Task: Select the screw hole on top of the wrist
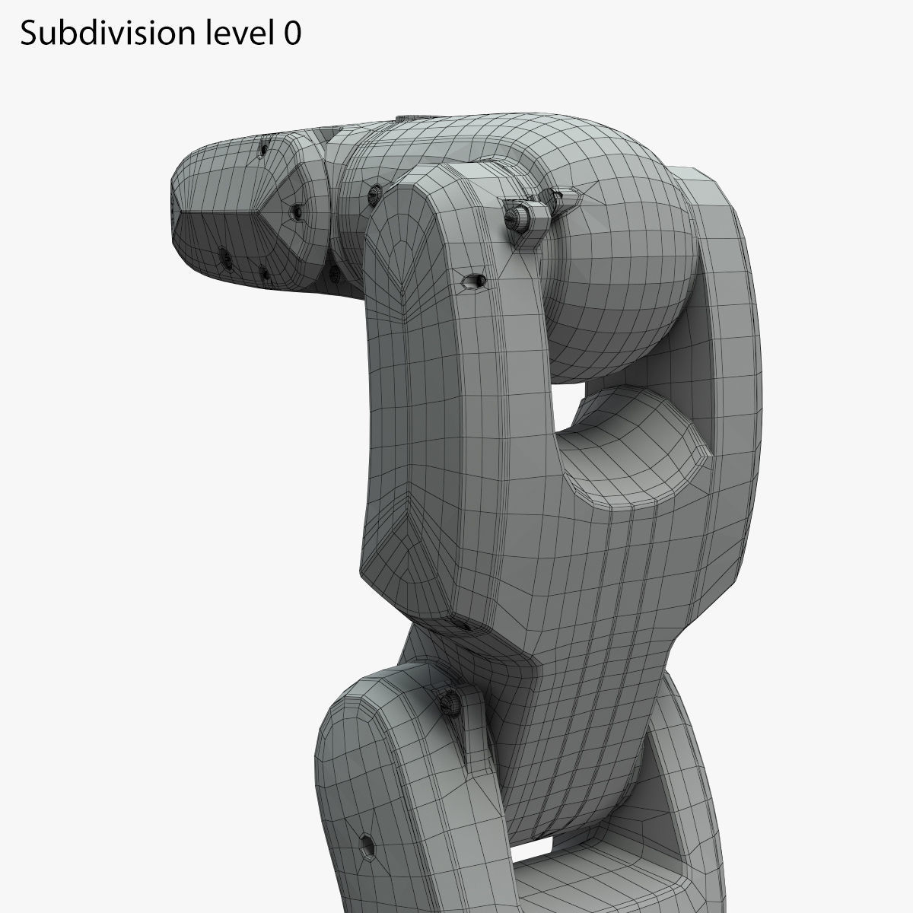(265, 150)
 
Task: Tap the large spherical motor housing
(616, 251)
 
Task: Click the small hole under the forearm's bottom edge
(466, 625)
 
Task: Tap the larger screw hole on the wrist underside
(225, 257)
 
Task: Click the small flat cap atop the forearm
(403, 118)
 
